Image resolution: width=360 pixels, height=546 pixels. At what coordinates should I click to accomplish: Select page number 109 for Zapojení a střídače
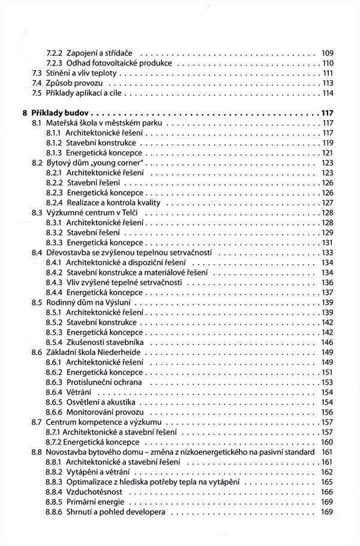[x=327, y=52]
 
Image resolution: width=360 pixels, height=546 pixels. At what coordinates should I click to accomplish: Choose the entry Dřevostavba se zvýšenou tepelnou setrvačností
[x=130, y=253]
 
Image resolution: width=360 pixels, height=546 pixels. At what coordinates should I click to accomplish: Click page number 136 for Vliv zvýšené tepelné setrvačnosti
[x=327, y=283]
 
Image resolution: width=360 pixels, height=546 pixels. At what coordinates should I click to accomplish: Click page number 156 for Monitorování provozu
[x=327, y=412]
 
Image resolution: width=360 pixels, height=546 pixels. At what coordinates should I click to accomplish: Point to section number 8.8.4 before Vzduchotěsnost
[x=55, y=491]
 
